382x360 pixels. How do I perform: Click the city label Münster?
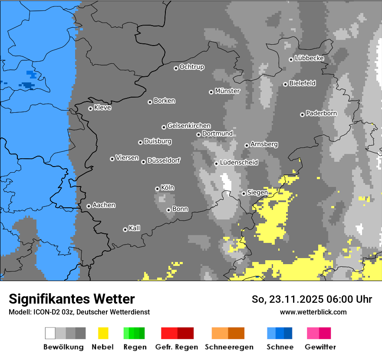(227, 91)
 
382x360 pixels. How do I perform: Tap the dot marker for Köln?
(157, 189)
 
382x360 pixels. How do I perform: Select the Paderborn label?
(321, 114)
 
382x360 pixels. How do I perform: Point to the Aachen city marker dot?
(89, 206)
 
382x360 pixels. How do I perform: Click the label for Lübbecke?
(309, 58)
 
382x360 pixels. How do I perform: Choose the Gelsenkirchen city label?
(189, 126)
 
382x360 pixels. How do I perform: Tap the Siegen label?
(257, 193)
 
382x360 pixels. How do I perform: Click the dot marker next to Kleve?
(90, 108)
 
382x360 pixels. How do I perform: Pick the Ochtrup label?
(192, 67)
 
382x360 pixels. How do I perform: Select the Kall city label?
(135, 228)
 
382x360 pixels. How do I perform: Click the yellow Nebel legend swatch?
(103, 333)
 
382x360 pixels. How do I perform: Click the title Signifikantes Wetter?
(72, 299)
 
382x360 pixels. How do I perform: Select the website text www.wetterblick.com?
(313, 312)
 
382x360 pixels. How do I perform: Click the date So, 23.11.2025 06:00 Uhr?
(312, 299)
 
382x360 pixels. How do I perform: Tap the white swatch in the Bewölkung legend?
(50, 333)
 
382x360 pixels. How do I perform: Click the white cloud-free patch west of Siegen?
(226, 181)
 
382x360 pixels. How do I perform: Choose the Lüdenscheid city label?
(239, 163)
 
